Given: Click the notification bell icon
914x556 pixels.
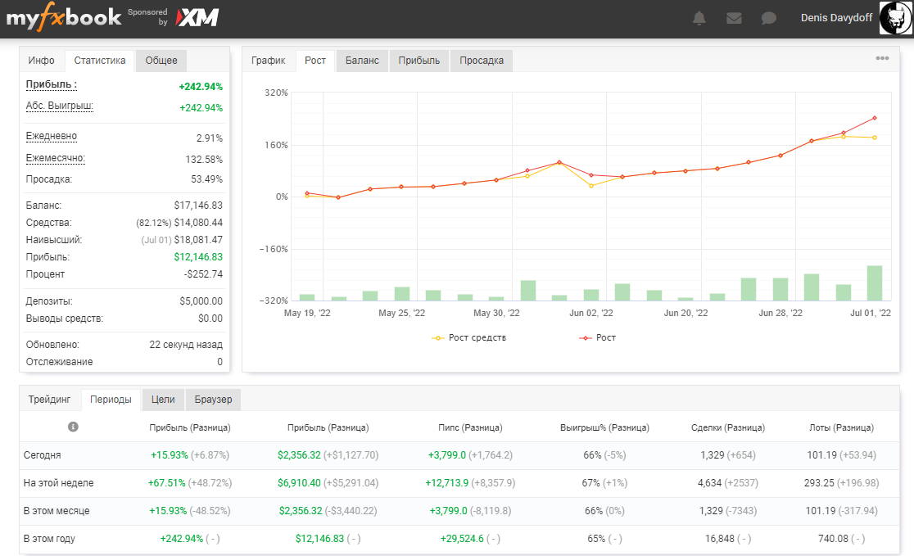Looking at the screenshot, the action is pos(699,18).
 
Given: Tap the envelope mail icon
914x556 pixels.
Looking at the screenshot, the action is pos(734,18).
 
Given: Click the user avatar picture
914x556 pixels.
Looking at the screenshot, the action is pos(895,18).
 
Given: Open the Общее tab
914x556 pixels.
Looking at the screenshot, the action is pos(161,61).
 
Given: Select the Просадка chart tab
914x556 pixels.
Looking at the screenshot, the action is pos(482,61).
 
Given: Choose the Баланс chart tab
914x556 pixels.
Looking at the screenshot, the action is pos(362,61).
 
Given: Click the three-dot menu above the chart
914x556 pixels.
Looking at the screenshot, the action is pos(882,58).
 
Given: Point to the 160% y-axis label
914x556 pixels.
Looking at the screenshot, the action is pos(276,145).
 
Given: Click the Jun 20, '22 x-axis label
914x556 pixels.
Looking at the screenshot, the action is pos(686,313).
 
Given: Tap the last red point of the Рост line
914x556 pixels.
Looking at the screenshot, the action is pos(875,118).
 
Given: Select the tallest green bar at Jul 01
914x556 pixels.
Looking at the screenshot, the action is pos(875,283).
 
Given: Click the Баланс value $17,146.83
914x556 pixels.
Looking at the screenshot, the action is pos(198,206).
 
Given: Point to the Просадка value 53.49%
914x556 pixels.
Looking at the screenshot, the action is pos(207,179).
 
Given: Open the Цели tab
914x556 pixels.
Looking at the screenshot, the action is pos(163,400).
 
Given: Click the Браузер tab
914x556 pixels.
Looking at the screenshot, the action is pos(213,400).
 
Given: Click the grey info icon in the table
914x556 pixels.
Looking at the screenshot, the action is pos(73,427).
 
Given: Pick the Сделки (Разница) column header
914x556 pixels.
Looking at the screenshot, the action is pos(728,427).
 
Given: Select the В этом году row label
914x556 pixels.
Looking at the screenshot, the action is pos(49,539).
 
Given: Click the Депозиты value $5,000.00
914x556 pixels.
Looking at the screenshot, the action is pos(201,301).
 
